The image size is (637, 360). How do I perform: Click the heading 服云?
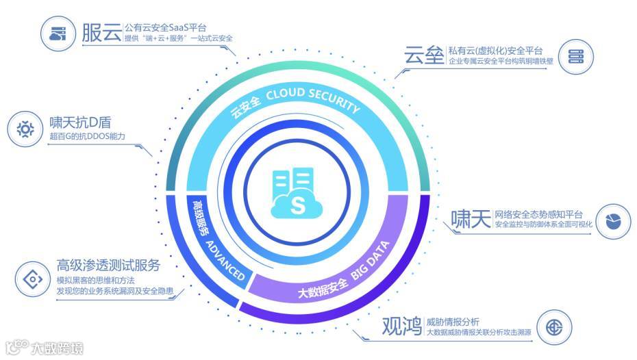click(101, 32)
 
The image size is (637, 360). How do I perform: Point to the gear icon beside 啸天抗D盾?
click(25, 128)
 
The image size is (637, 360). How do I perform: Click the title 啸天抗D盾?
click(81, 123)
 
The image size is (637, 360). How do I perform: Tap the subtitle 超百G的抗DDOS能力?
click(88, 136)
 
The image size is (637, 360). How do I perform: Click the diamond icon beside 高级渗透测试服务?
click(31, 279)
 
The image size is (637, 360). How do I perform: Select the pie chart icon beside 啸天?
click(612, 220)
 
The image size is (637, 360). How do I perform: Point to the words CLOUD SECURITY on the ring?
click(322, 103)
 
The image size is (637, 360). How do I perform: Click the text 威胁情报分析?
click(452, 322)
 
